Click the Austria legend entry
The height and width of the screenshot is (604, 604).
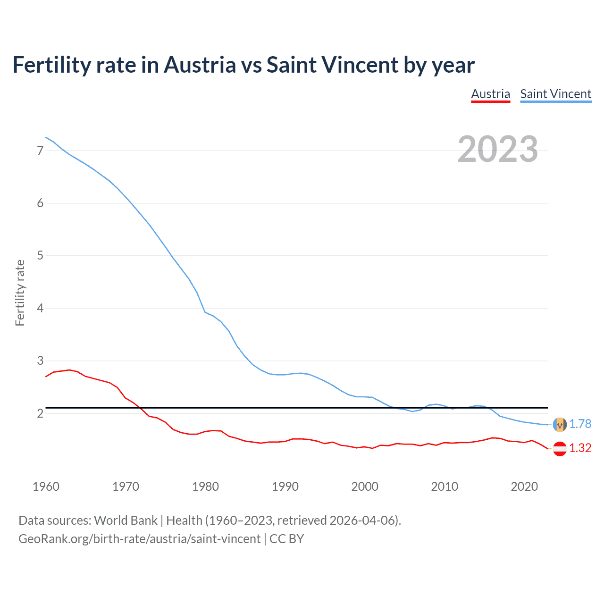coord(490,94)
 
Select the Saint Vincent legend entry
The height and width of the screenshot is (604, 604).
coord(555,94)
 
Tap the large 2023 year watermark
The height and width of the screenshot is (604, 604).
coord(497,149)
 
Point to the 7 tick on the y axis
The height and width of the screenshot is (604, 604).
coord(40,151)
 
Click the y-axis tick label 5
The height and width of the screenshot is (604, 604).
coord(40,256)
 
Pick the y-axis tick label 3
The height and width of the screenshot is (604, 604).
coord(40,361)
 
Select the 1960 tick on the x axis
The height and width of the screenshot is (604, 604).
coord(46,487)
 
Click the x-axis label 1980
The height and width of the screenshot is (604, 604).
coord(205,487)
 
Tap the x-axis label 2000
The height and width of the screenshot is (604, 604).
coord(365,487)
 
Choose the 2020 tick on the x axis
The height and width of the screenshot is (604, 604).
coord(524,487)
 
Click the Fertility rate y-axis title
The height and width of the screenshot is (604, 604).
coord(20,293)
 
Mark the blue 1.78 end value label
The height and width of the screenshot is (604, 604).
coord(580,424)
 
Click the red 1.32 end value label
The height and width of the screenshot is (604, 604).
coord(580,448)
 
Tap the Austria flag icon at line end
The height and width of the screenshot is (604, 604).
coord(560,449)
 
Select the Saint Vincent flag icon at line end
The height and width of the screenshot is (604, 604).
coord(560,425)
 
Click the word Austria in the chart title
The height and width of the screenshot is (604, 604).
coord(200,65)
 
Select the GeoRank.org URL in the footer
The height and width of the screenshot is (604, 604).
coord(139,539)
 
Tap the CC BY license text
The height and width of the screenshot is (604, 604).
coord(286,539)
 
